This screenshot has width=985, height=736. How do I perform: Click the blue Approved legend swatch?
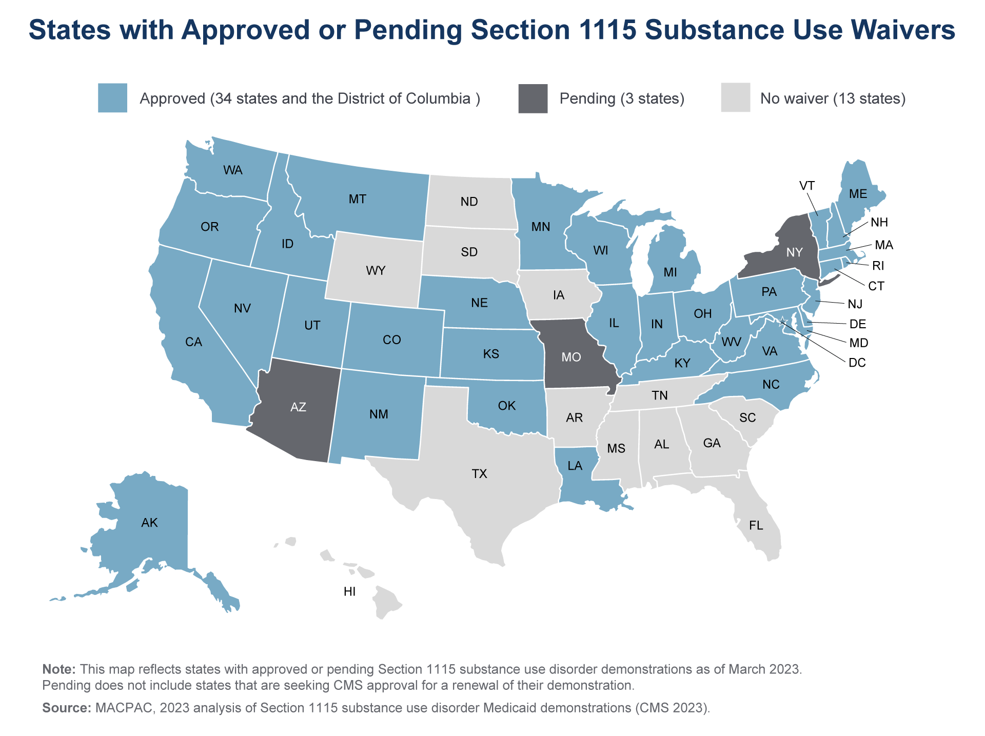click(112, 98)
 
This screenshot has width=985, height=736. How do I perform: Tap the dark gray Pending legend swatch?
click(533, 98)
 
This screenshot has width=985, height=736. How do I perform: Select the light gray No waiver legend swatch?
click(735, 98)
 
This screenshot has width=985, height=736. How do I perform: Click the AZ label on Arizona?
click(298, 407)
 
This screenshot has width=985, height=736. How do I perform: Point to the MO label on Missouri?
click(571, 357)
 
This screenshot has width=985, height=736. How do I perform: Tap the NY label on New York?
click(794, 252)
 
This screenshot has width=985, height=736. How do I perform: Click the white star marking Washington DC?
click(782, 322)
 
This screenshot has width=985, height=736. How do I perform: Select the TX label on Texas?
click(479, 474)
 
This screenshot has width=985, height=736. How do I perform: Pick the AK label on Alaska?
click(149, 523)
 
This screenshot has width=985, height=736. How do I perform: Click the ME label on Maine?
click(858, 194)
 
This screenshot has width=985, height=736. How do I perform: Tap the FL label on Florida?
click(756, 525)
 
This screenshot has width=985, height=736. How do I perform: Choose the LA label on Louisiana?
click(575, 466)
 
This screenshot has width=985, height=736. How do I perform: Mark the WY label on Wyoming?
click(376, 271)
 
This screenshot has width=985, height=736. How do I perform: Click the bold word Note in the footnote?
click(58, 669)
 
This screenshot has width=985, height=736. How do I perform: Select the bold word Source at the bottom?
click(66, 708)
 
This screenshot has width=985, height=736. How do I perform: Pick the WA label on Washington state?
click(232, 170)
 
